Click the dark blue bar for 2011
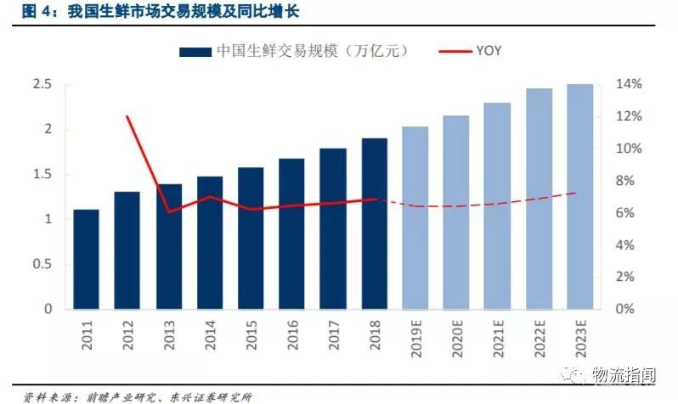click(x=86, y=259)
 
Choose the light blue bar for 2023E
click(x=580, y=196)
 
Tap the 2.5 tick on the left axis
click(x=42, y=85)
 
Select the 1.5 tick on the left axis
click(x=42, y=174)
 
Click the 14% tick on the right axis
click(x=629, y=85)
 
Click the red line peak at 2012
click(x=127, y=116)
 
